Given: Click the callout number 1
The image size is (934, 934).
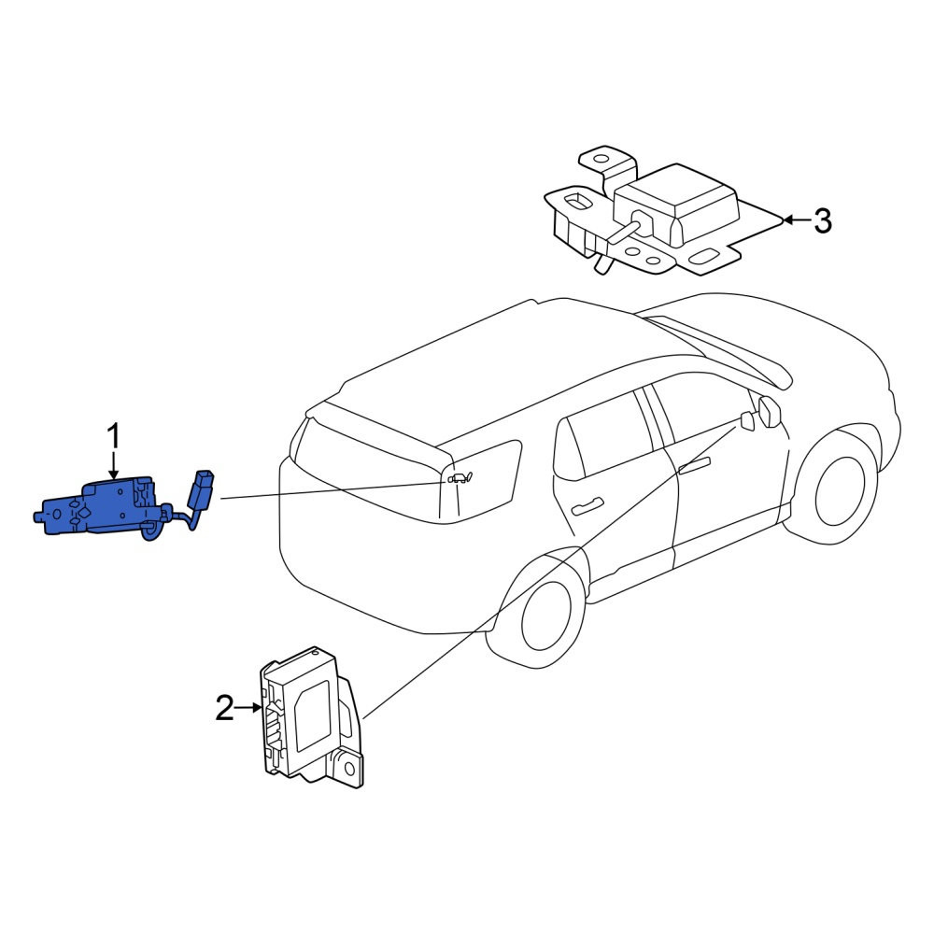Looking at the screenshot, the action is point(113,438).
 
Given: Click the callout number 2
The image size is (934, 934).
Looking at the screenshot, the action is point(224,708).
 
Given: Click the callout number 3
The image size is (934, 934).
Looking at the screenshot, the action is point(823,220).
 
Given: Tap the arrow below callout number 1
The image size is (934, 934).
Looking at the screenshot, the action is point(113,467).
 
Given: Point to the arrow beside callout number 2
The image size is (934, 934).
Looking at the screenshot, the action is point(248,708).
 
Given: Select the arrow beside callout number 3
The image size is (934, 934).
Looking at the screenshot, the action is point(797,220).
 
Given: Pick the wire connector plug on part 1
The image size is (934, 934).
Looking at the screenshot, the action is point(200,488).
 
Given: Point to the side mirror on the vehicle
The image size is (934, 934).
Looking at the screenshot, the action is point(770,411).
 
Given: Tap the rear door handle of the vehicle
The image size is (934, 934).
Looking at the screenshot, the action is point(587,507).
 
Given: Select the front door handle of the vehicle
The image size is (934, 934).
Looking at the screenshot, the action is point(695,465).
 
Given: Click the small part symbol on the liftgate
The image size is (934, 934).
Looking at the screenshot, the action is point(460,477).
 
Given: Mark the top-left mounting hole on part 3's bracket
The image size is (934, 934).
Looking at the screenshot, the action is point(601,160).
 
